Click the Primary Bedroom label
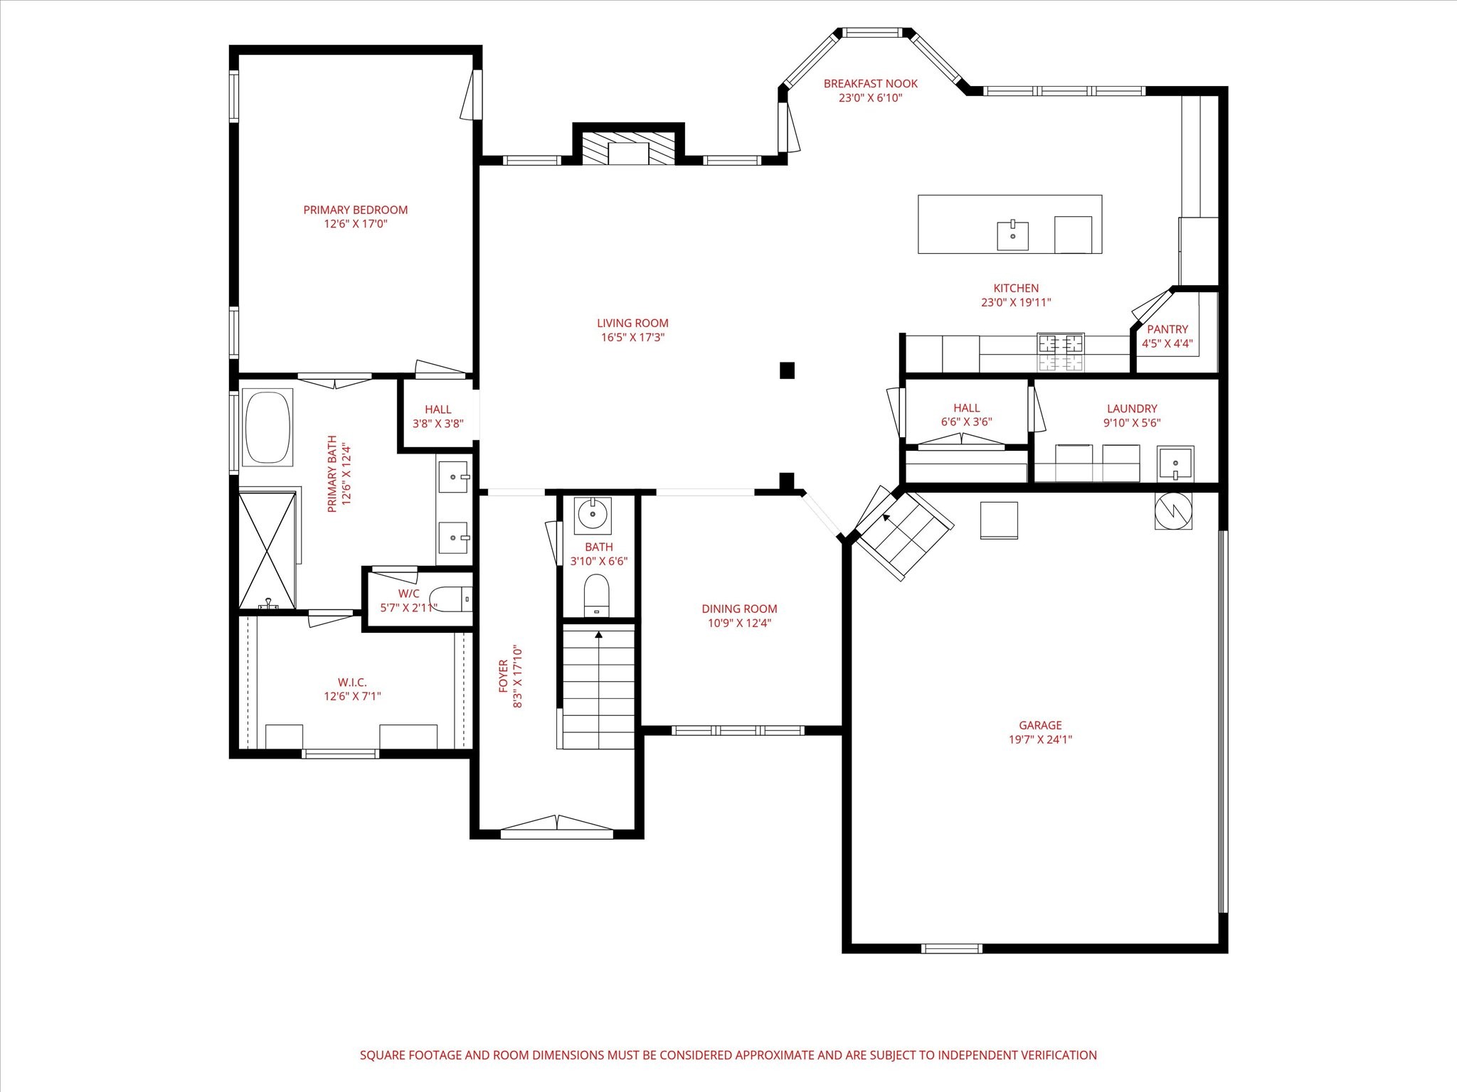356,210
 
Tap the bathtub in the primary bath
267,427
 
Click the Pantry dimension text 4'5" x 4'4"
1167,343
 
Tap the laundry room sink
1175,463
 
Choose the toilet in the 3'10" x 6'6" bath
596,594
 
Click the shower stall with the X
267,550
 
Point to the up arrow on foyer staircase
599,634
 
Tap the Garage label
1040,725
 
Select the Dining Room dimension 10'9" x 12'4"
739,623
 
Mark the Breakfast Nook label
870,84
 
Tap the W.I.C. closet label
352,682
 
